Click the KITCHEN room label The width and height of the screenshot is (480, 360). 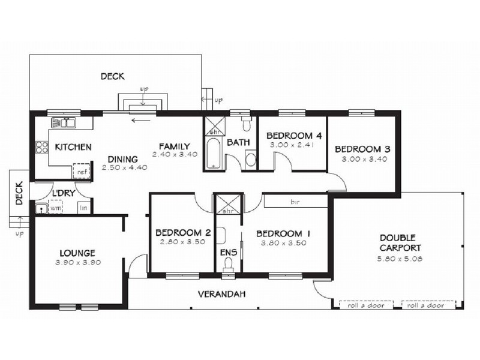point(73,147)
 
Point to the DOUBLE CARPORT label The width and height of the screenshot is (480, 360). point(400,242)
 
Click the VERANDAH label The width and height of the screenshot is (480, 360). point(222,294)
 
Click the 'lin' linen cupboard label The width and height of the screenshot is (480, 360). point(82,208)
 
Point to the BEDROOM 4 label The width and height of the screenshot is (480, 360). point(290,135)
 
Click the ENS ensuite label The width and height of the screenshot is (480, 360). point(229,253)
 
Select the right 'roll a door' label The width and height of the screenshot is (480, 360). point(425,305)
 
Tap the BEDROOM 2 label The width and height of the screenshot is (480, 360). point(182,233)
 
